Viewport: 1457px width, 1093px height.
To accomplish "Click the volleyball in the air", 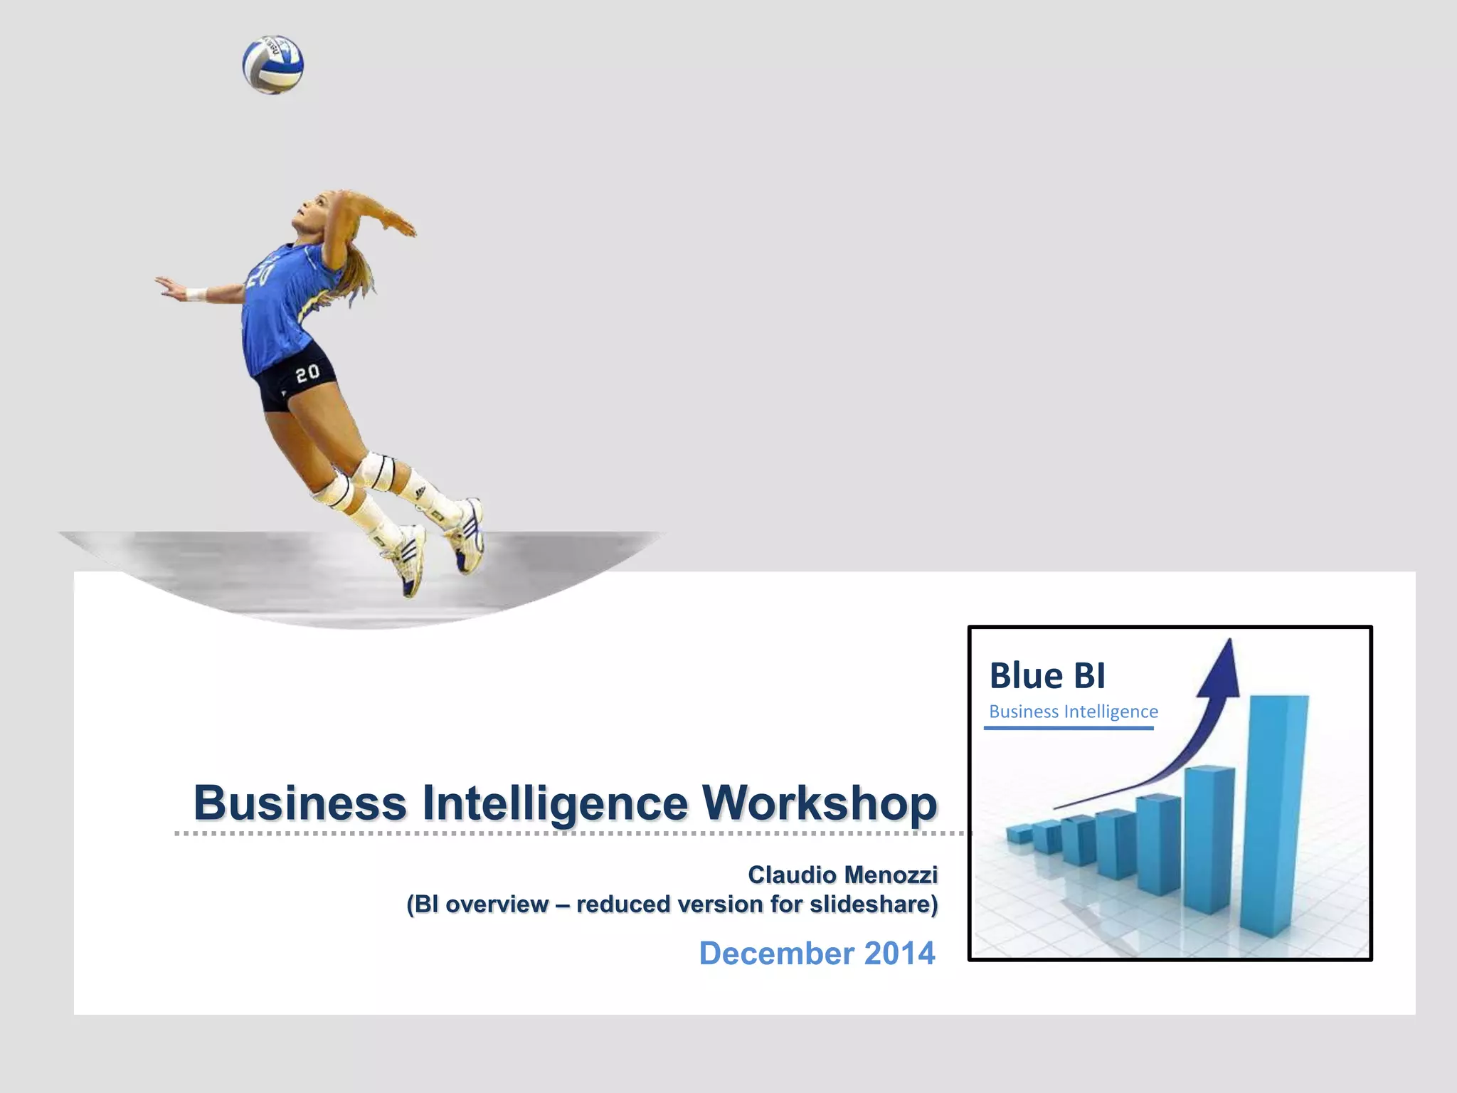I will tap(273, 65).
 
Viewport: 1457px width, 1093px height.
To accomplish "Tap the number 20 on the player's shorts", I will tap(307, 373).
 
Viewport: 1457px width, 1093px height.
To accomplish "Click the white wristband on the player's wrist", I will tap(196, 293).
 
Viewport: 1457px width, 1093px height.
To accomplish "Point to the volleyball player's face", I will tap(312, 213).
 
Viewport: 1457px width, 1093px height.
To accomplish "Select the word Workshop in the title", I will tap(820, 803).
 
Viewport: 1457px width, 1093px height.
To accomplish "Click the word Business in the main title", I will tap(300, 803).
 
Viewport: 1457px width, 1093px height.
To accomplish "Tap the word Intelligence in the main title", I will tap(555, 803).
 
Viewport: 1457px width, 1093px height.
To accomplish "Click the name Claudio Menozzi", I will tap(842, 874).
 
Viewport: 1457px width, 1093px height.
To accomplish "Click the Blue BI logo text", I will tap(1047, 675).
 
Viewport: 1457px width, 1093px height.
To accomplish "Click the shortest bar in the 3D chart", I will tap(1019, 835).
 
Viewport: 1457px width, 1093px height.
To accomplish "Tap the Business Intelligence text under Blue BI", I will tap(1073, 712).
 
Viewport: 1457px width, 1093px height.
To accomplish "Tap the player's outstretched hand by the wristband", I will tap(169, 285).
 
